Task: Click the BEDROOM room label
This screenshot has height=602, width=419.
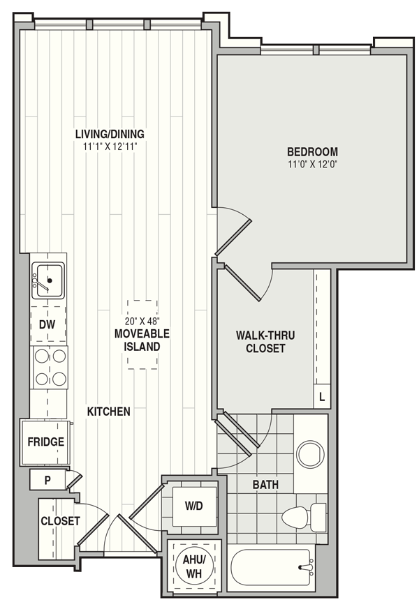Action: coord(313,151)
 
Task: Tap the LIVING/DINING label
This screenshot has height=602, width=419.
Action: coord(110,134)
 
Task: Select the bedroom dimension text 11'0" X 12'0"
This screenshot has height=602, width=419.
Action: coord(313,165)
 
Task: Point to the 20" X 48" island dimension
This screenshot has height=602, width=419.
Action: coord(142,321)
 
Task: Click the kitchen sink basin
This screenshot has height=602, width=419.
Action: coord(48,280)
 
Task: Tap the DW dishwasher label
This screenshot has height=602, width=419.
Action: coord(47,324)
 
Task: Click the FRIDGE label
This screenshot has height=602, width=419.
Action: coord(46,442)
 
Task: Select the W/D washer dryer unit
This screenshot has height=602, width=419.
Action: coord(194,506)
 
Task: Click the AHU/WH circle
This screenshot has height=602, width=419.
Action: coord(194,566)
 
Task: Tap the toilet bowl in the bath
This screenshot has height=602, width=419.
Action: coord(295,517)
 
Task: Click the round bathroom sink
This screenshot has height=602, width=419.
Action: coord(311,454)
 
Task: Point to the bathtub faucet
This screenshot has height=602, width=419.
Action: coord(306,568)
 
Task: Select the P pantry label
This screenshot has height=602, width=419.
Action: coord(47,481)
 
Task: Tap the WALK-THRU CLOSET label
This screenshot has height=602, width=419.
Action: coord(265,342)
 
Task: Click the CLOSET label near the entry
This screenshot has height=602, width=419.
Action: coord(60,521)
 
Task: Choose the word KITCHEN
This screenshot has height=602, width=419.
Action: coord(109,412)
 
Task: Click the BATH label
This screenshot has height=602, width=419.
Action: coord(265,485)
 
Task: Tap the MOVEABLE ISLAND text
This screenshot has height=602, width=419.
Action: coord(142,340)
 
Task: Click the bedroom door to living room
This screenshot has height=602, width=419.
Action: coord(233,237)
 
